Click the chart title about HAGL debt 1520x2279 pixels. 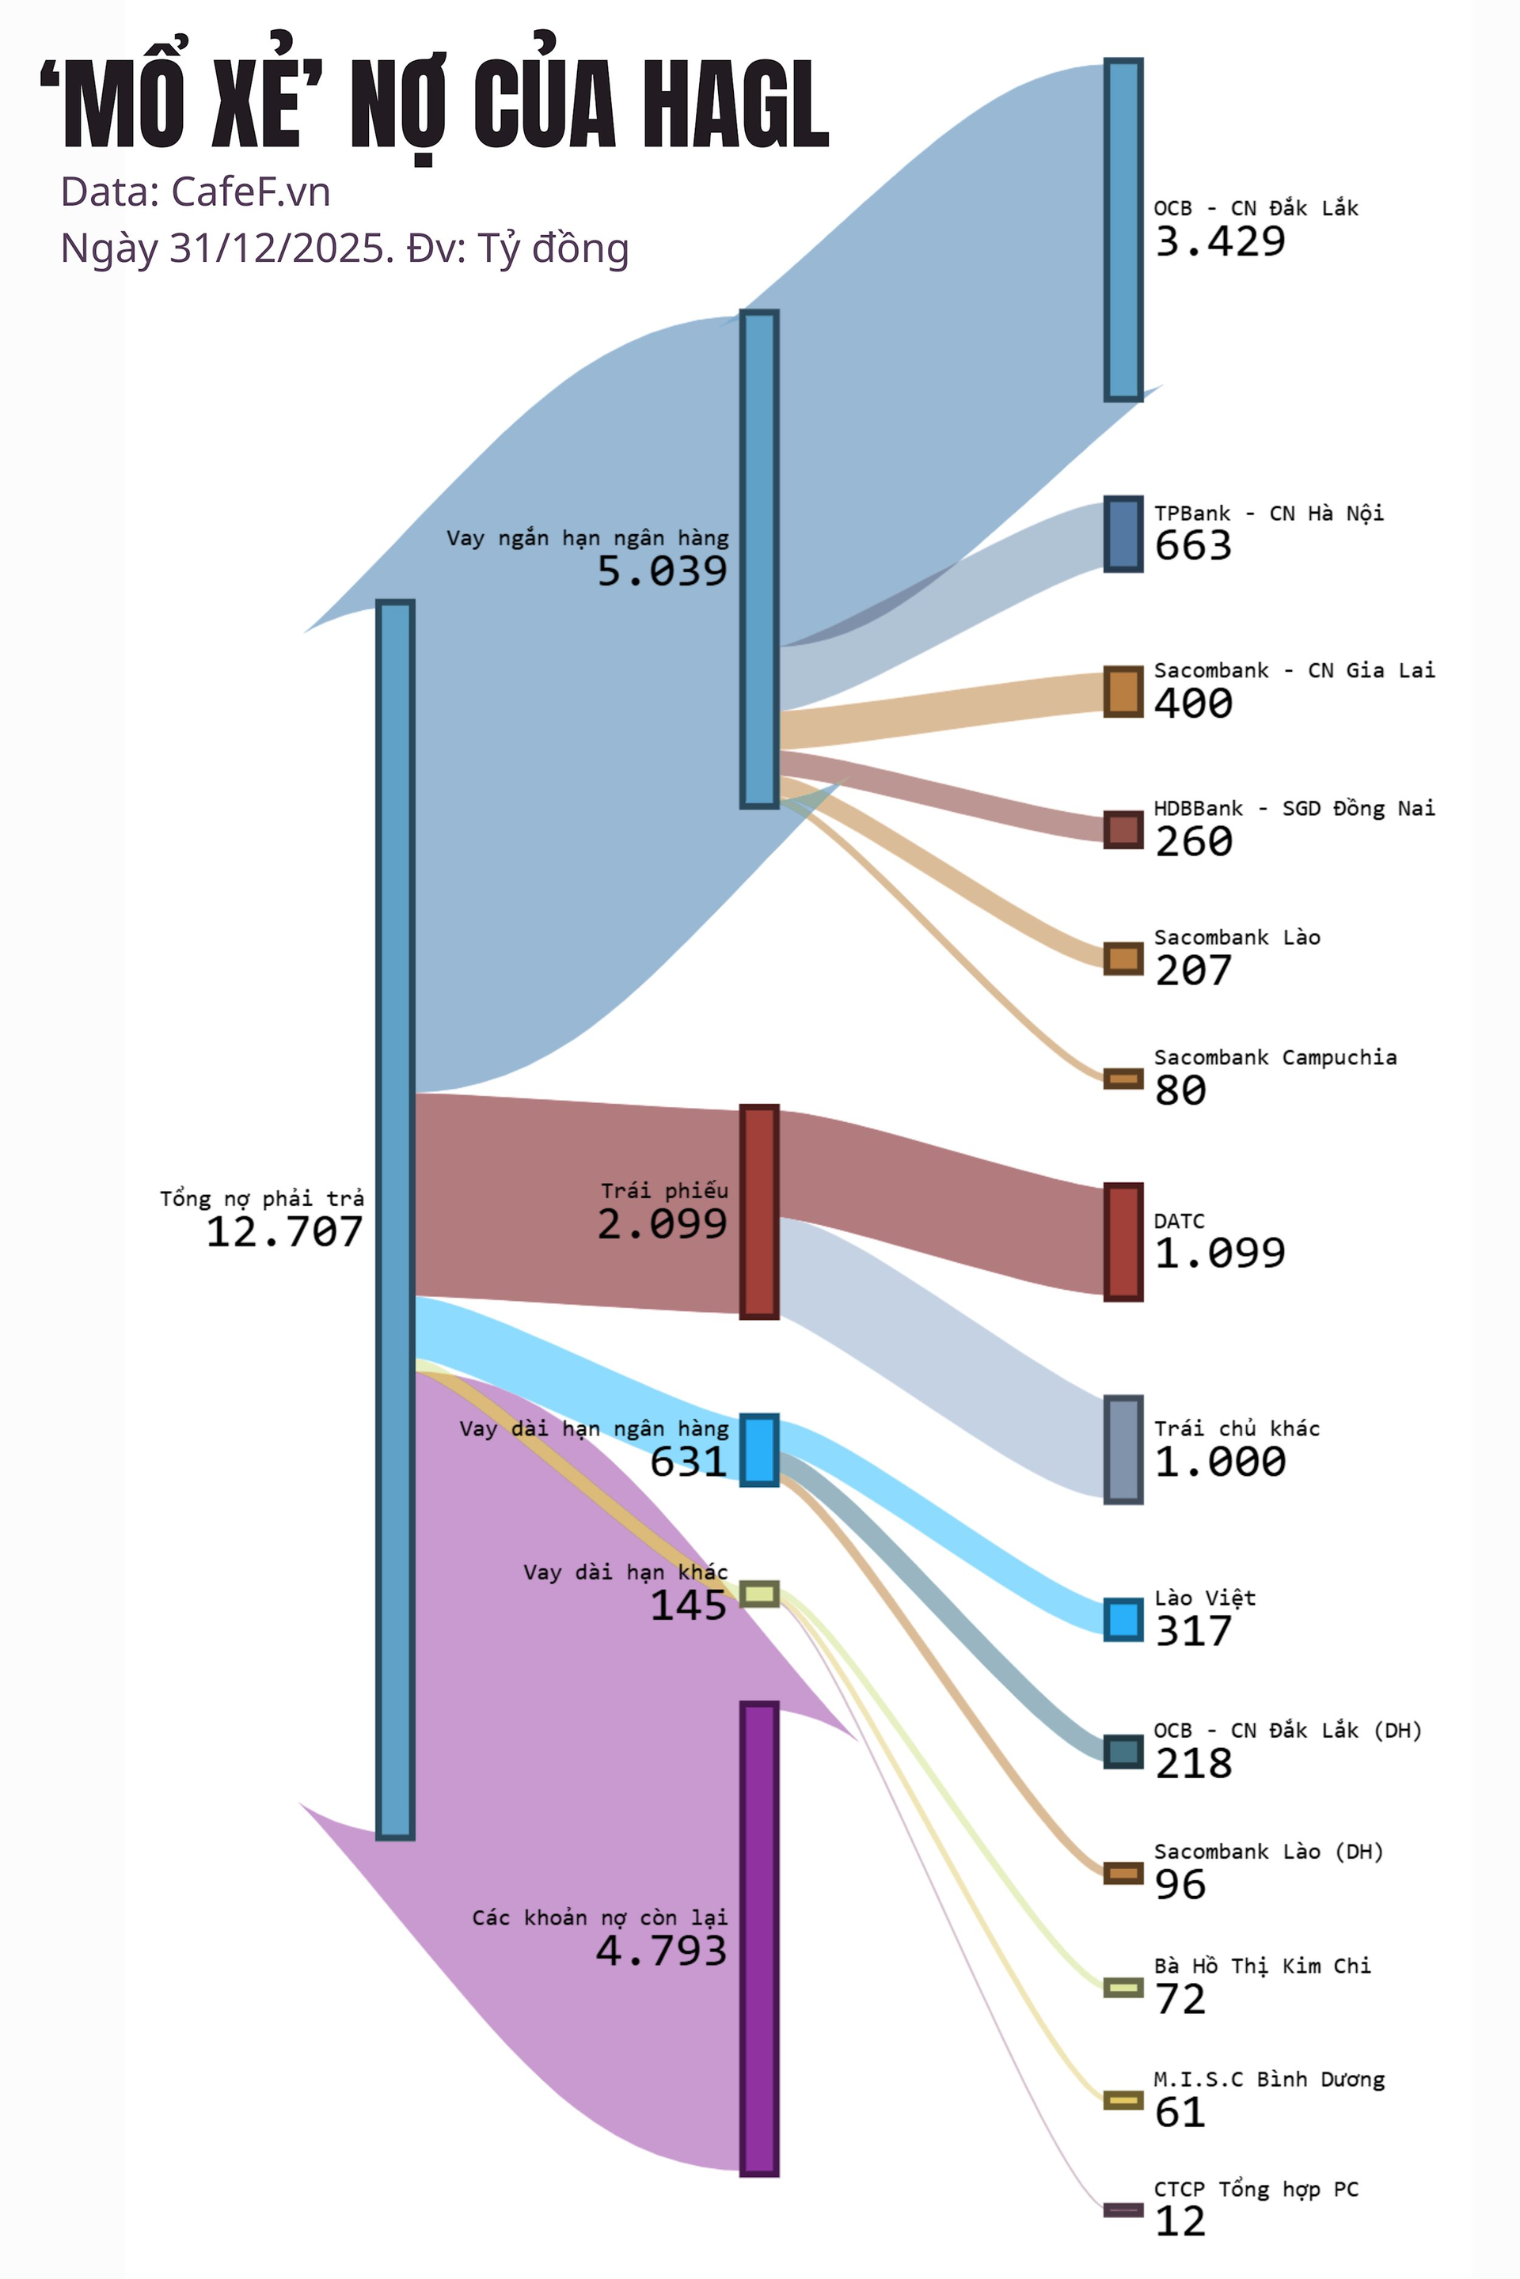click(x=435, y=104)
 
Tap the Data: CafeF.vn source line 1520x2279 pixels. click(x=196, y=191)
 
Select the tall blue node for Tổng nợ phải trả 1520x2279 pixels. click(x=396, y=1219)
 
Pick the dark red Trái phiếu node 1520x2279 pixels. click(x=759, y=1212)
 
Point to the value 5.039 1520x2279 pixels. click(x=662, y=571)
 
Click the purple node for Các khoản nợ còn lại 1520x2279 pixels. click(x=759, y=1938)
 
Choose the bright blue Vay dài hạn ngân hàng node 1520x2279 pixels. click(x=759, y=1450)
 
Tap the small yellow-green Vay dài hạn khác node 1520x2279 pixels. click(x=759, y=1593)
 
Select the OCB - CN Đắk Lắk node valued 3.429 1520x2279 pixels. click(x=1123, y=229)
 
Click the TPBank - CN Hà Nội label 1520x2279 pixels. click(x=1268, y=514)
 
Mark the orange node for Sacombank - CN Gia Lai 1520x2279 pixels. click(x=1123, y=692)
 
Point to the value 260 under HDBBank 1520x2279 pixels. click(x=1193, y=841)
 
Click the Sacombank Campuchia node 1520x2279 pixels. click(x=1123, y=1079)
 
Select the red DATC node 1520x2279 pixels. click(x=1123, y=1242)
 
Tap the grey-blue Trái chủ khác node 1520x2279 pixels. click(x=1123, y=1450)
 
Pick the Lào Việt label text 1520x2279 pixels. click(x=1204, y=1598)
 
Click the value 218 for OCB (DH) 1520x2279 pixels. click(x=1193, y=1764)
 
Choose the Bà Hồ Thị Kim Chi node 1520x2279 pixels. click(x=1123, y=1987)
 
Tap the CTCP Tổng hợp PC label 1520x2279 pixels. click(x=1256, y=2189)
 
